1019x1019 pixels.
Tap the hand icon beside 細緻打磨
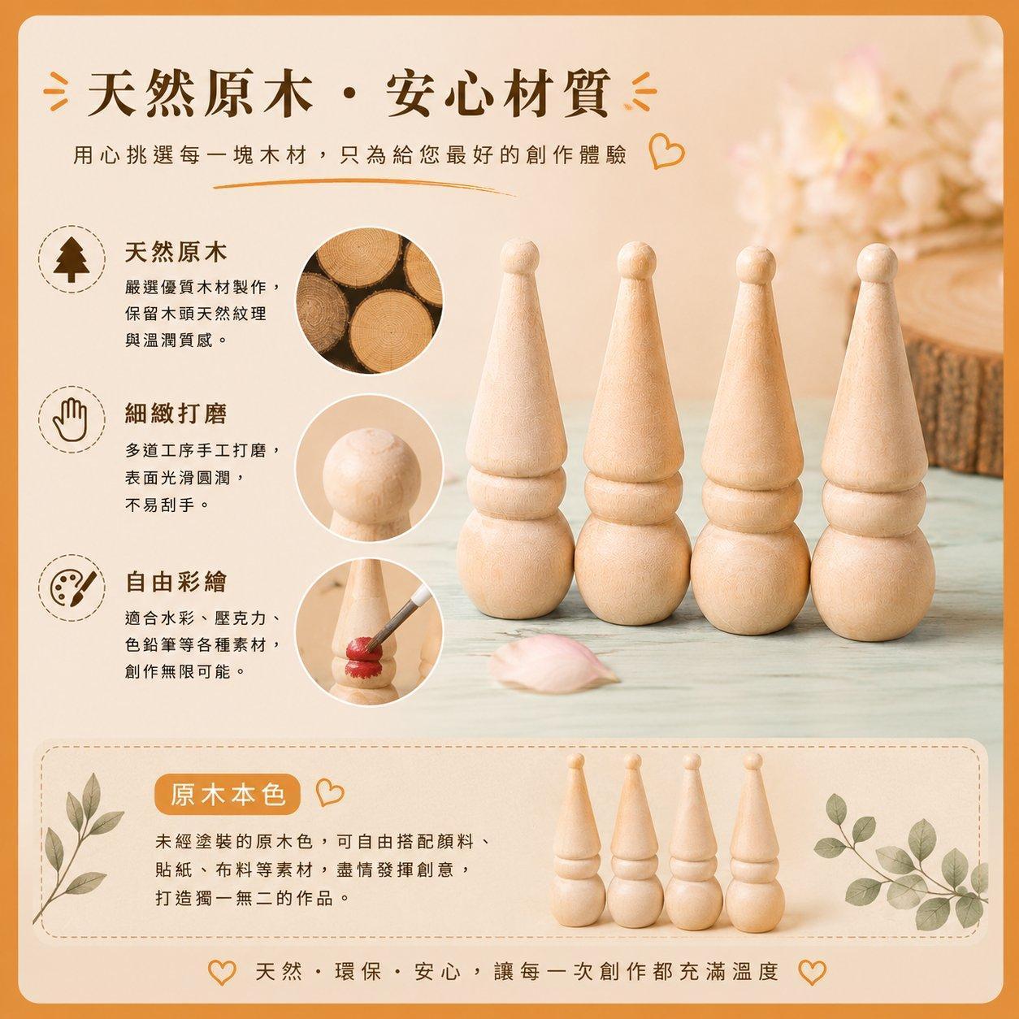(x=71, y=419)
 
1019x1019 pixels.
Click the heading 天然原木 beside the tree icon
(x=176, y=252)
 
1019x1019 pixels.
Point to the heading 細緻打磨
(x=176, y=414)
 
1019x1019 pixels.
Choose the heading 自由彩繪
(x=176, y=582)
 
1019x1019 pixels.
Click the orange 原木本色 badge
(x=228, y=794)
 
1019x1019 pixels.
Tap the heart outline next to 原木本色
(x=329, y=793)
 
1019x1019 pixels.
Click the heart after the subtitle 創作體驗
(x=666, y=154)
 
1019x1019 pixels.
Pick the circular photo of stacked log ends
(x=369, y=301)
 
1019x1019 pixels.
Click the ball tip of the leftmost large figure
(x=519, y=256)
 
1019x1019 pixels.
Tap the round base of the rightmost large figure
(x=873, y=582)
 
